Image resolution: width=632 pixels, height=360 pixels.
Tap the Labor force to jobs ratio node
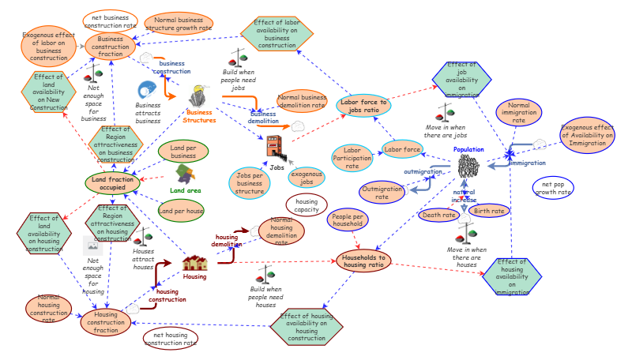click(363, 105)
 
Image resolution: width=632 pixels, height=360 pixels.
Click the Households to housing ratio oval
click(364, 261)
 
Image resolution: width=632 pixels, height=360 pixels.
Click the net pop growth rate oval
click(554, 188)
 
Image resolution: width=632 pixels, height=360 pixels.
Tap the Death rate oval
click(438, 215)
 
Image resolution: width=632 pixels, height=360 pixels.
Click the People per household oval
click(348, 220)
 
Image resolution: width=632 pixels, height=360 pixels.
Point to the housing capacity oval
click(307, 205)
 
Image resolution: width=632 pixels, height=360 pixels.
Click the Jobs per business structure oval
click(250, 182)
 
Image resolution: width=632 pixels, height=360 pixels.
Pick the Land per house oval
click(182, 211)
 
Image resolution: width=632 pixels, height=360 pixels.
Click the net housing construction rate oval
click(171, 339)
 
